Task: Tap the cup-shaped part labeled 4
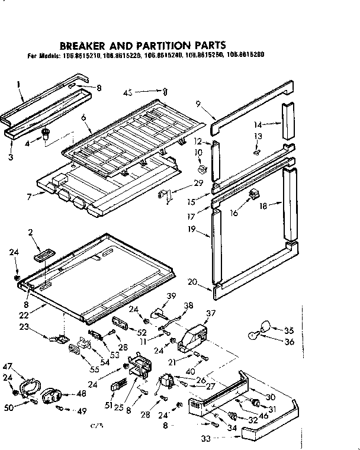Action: click(x=46, y=135)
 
